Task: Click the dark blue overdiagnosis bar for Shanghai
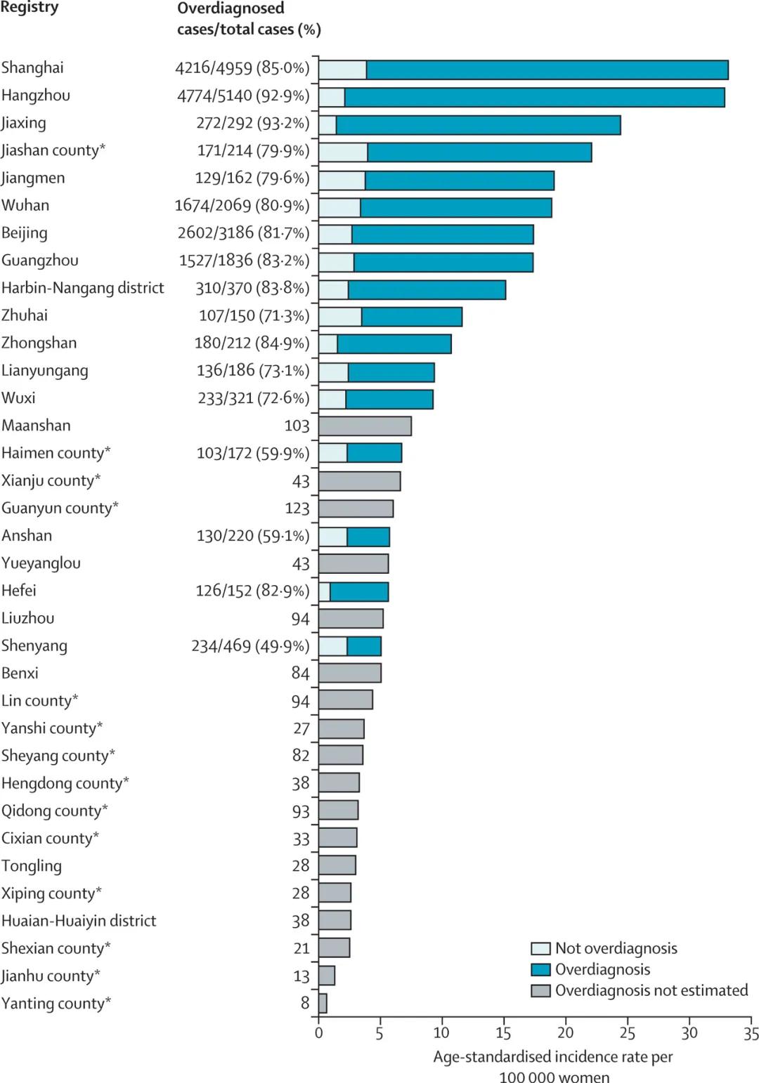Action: (x=547, y=70)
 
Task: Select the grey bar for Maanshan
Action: (x=365, y=426)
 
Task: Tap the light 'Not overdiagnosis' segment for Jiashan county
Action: (x=343, y=152)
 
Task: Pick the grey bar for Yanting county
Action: (x=323, y=1003)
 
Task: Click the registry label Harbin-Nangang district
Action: (x=83, y=288)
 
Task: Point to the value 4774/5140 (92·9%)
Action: (x=243, y=96)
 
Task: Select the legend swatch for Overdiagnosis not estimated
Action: (x=540, y=991)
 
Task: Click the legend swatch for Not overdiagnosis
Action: (x=540, y=949)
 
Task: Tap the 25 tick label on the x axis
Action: (x=627, y=1033)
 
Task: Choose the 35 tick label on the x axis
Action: (x=751, y=1033)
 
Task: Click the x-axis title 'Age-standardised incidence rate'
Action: (x=553, y=1057)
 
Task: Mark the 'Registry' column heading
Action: (x=30, y=8)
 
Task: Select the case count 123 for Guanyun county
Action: (x=297, y=508)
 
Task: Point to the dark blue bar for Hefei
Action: (x=358, y=591)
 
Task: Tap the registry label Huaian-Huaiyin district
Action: (x=79, y=921)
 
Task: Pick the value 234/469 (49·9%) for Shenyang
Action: (x=250, y=646)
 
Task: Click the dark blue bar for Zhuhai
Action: (x=412, y=317)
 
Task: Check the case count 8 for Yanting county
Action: (x=305, y=1003)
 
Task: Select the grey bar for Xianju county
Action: (x=359, y=481)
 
